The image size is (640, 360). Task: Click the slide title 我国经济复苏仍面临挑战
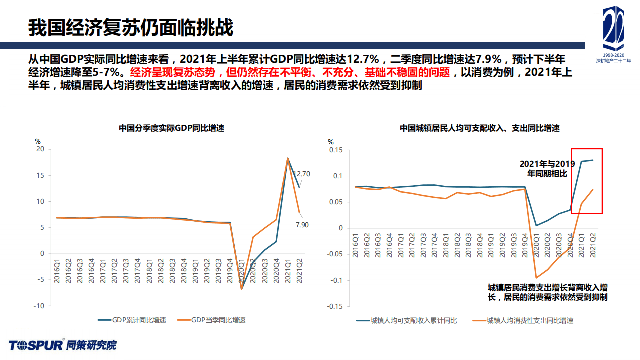130,28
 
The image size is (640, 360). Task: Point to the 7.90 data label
302,225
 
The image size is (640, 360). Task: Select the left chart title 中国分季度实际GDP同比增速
171,128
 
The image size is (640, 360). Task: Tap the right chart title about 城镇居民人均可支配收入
479,128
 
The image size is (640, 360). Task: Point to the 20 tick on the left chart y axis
40,149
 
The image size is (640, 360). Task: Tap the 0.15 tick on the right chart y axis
336,150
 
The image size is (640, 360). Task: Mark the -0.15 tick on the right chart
335,306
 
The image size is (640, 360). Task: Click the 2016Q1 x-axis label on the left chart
57,271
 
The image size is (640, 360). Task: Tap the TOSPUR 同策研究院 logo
62,345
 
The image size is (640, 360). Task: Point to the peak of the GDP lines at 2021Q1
288,158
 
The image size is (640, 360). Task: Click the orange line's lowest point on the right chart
537,278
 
